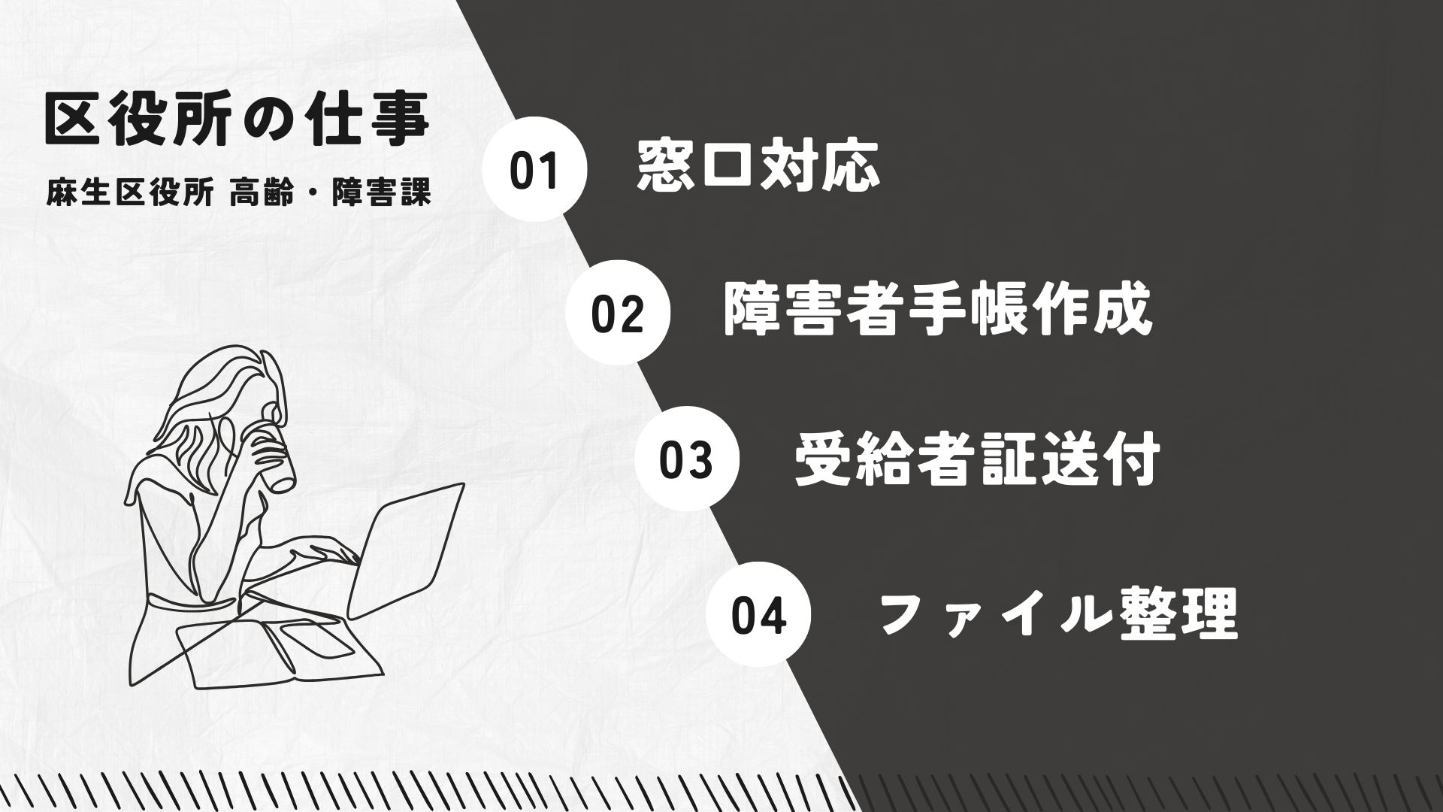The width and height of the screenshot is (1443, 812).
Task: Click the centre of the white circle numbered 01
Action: point(534,170)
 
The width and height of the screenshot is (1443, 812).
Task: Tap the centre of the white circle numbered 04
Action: point(758,614)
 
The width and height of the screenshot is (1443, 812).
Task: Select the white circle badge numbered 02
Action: point(617,313)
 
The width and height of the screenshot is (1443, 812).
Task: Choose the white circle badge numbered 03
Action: point(686,459)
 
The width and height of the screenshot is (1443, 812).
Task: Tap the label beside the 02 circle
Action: point(938,310)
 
